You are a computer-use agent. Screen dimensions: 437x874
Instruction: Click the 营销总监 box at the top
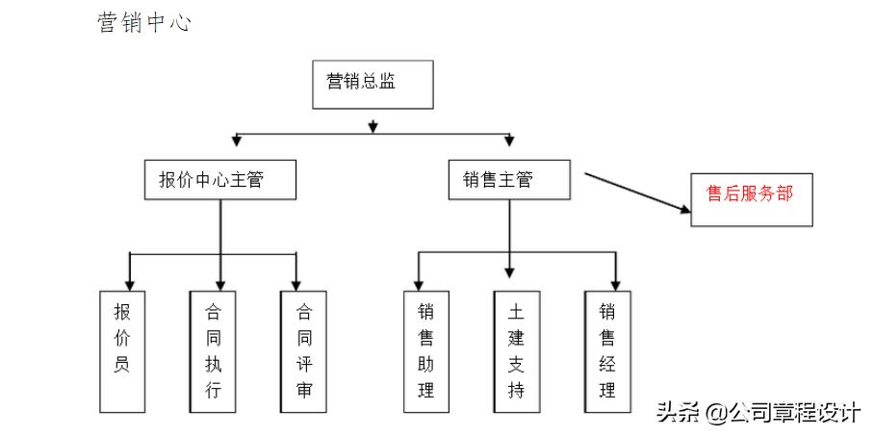(x=373, y=84)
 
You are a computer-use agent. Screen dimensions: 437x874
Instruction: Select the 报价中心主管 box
(x=219, y=180)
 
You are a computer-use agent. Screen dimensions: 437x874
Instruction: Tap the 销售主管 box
(x=509, y=180)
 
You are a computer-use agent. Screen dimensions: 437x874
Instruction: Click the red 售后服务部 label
(x=750, y=193)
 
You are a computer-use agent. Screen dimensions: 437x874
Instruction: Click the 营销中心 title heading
(x=144, y=23)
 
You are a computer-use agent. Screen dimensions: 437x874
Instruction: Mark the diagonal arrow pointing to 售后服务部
(x=635, y=193)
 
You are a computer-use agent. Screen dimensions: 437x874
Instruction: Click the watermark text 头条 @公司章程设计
(x=758, y=413)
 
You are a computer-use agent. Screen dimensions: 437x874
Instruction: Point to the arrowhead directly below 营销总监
(x=373, y=126)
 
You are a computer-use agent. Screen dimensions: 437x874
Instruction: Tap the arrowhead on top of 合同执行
(x=220, y=284)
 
